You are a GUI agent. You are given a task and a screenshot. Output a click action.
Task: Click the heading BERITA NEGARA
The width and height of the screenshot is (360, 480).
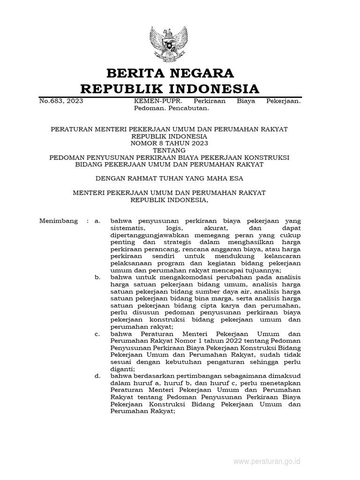[x=170, y=73]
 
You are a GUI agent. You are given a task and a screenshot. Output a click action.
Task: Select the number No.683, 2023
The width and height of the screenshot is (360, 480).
[x=61, y=101]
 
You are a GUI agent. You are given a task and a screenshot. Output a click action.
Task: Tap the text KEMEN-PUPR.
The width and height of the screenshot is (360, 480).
[x=150, y=101]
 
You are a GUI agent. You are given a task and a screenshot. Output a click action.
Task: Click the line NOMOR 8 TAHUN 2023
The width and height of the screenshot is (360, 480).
[x=170, y=143]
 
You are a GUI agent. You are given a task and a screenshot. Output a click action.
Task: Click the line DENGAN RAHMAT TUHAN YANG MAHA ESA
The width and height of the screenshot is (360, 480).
[x=170, y=178]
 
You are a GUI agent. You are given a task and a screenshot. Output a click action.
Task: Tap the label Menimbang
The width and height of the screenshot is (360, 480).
[x=59, y=221]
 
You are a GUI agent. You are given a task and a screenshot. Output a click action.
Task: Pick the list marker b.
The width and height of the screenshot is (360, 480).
[x=97, y=277]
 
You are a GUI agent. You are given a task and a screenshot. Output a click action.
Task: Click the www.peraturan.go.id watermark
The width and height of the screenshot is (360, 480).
[x=267, y=462]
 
